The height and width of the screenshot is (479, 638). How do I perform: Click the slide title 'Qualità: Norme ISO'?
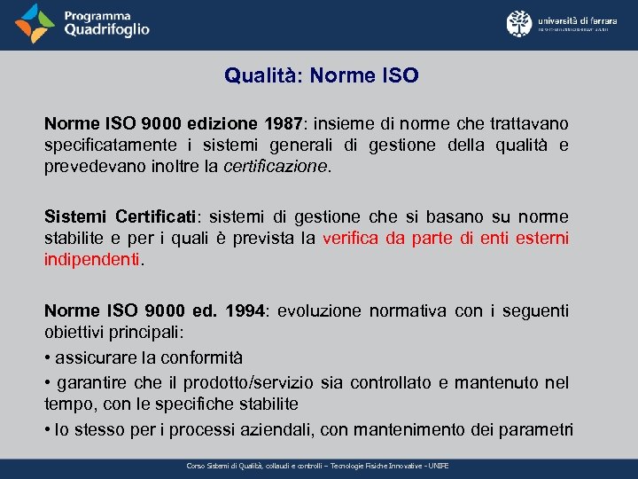321,76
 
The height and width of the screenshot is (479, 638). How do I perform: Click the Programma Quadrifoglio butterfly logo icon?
34,23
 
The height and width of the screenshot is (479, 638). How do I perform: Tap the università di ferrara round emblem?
519,23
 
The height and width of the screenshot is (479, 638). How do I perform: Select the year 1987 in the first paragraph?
280,123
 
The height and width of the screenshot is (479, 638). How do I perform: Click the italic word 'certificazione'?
276,166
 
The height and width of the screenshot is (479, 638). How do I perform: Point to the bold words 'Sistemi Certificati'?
121,217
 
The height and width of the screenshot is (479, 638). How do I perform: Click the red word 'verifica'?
354,239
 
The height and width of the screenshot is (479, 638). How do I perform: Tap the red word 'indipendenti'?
92,260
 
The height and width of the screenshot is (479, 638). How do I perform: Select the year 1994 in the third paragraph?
245,310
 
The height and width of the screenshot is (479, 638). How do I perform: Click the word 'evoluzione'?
319,310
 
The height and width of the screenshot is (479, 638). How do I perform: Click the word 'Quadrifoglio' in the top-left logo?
106,30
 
